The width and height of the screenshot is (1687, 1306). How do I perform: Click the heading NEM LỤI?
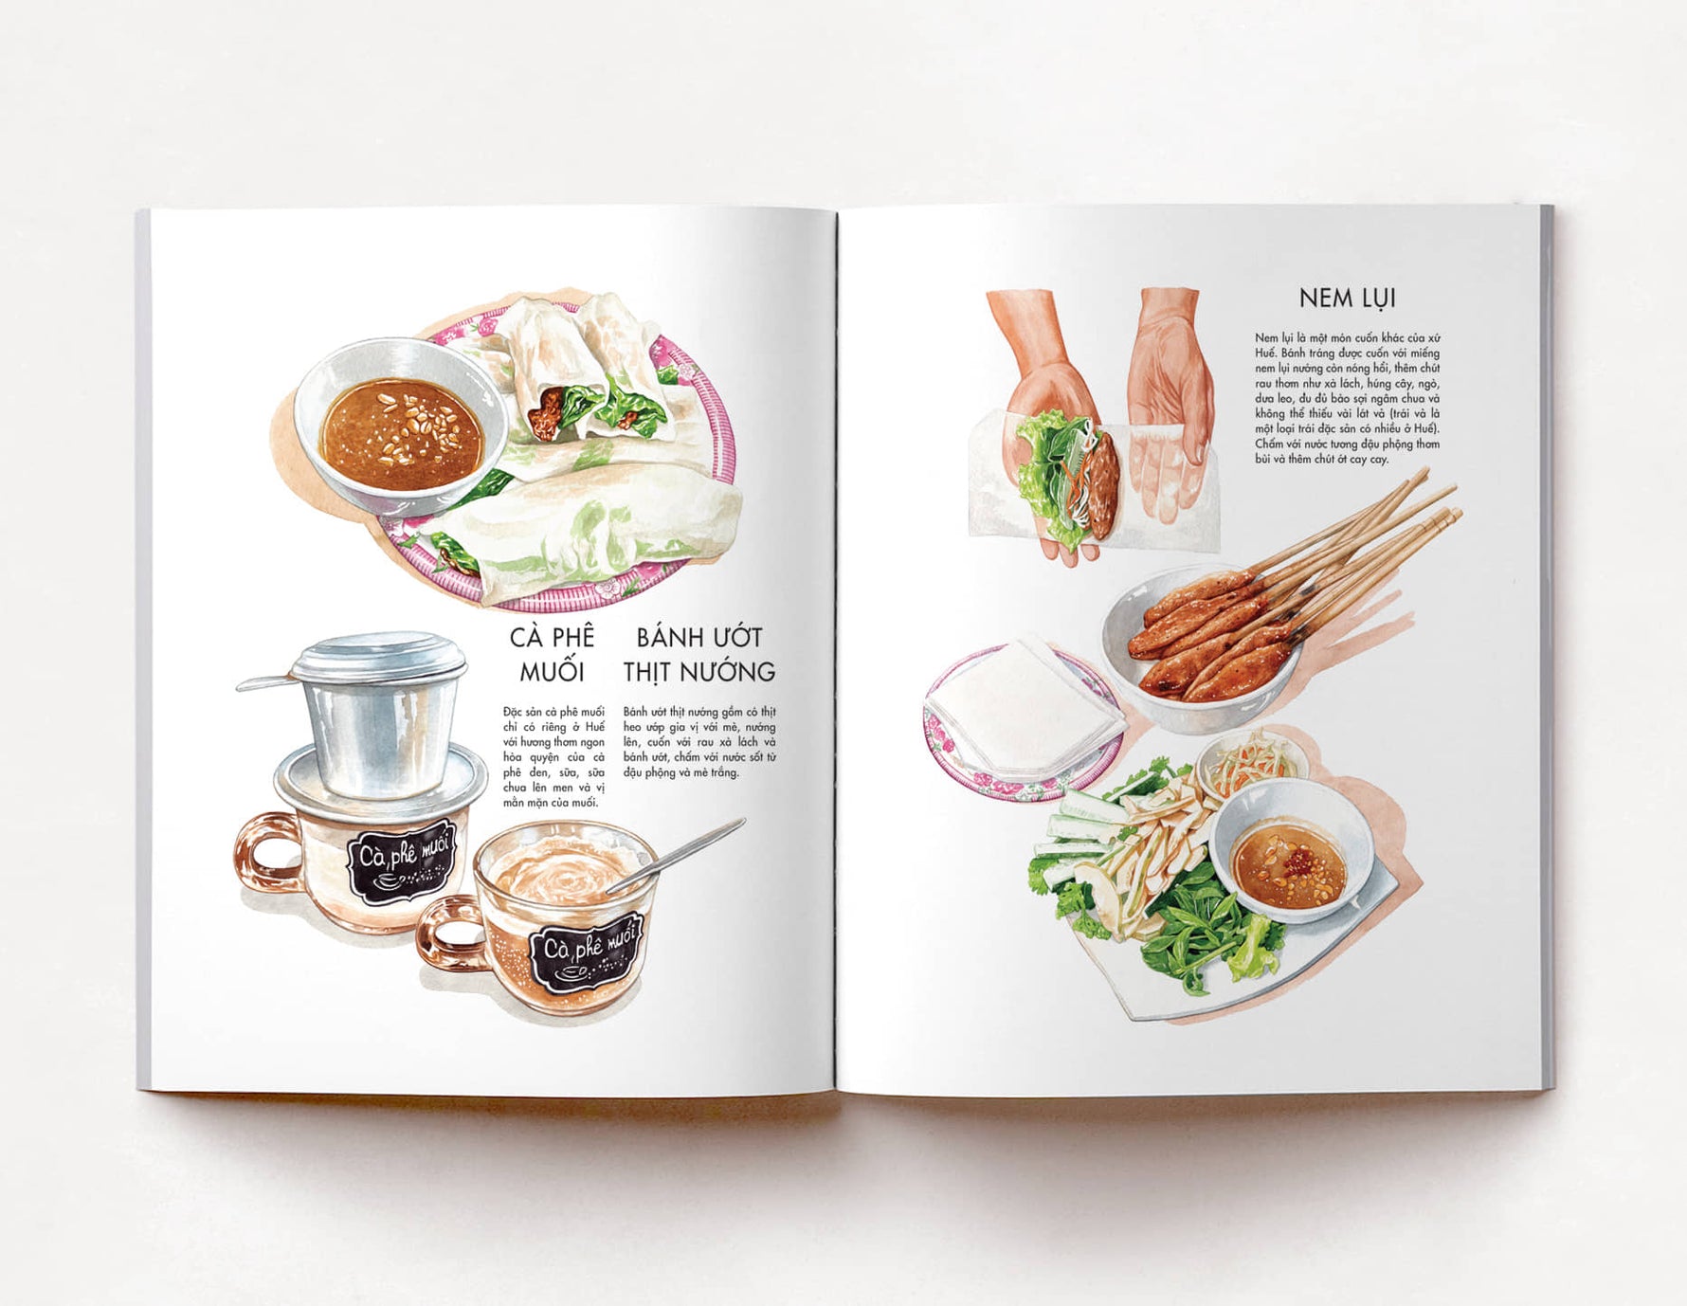click(x=1347, y=299)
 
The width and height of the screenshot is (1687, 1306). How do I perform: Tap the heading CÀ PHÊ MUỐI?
click(x=552, y=654)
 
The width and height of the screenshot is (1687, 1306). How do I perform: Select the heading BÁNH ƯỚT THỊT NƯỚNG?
click(x=699, y=654)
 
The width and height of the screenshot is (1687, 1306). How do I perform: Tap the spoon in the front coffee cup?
click(x=676, y=856)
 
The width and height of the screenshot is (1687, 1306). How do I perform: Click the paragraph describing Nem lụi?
click(x=1347, y=398)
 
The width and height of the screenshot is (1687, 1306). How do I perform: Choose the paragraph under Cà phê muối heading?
click(x=553, y=756)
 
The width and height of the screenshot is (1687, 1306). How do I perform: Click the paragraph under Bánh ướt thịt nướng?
click(x=699, y=741)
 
